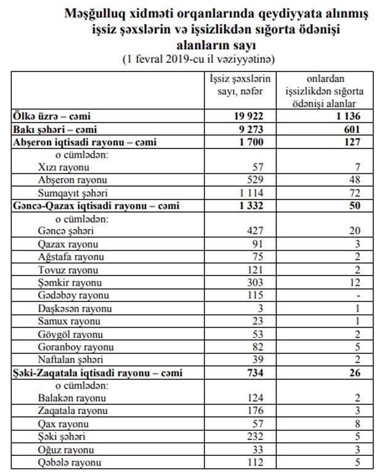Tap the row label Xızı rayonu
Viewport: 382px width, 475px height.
(x=64, y=167)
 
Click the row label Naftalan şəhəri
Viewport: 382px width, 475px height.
(x=70, y=359)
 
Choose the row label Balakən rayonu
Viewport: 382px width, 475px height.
(x=71, y=398)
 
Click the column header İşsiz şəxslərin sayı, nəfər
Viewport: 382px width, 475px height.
(x=240, y=84)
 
